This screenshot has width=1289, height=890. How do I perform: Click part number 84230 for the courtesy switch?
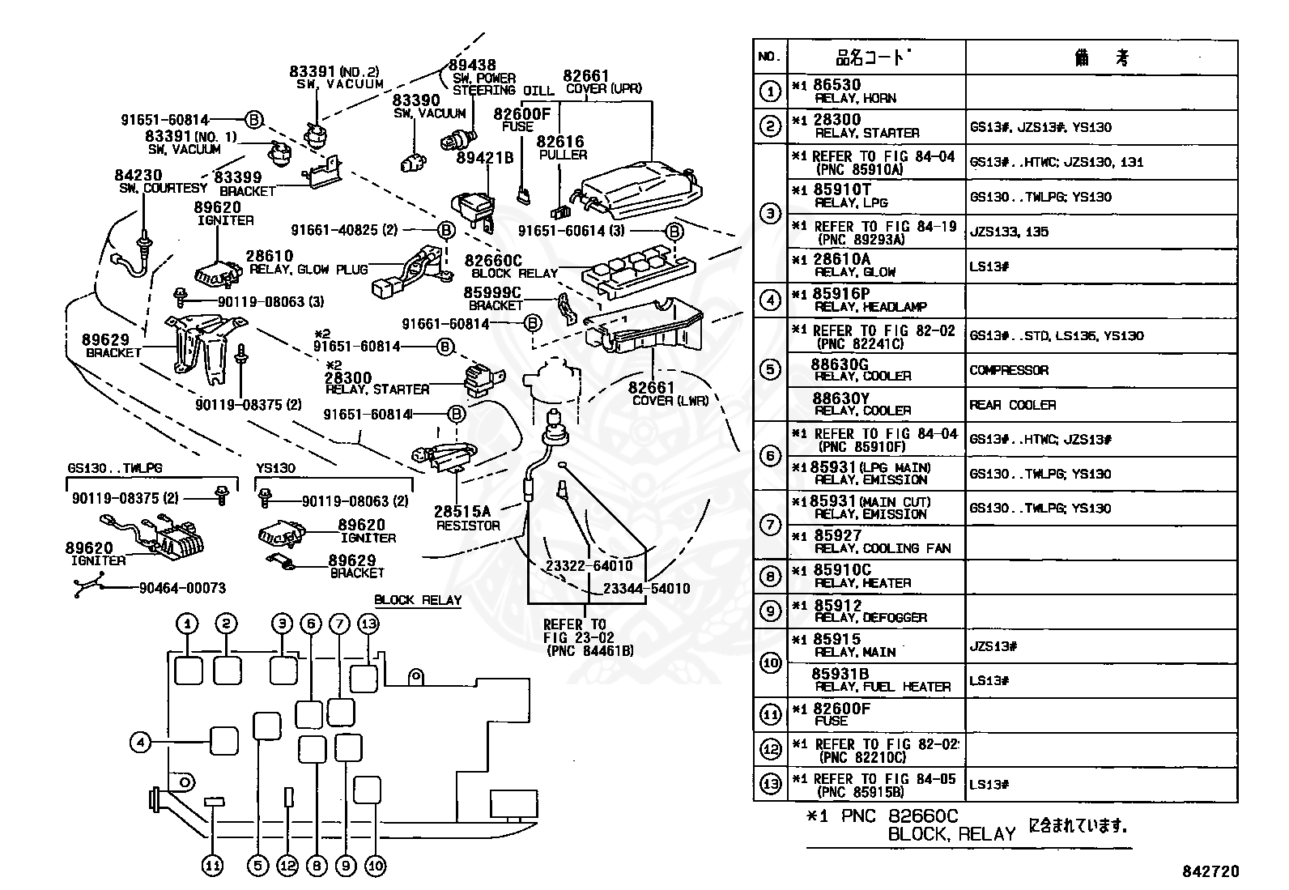tap(138, 175)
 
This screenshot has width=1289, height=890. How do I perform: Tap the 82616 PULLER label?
tap(560, 147)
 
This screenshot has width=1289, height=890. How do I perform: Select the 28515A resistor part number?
tap(462, 511)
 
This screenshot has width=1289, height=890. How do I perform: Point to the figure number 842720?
tap(1210, 871)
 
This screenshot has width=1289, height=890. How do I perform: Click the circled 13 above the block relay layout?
tap(368, 624)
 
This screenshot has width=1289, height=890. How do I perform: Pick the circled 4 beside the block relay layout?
tap(140, 742)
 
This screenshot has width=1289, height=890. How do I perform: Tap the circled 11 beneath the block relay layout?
tap(213, 866)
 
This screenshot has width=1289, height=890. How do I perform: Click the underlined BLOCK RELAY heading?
tap(418, 600)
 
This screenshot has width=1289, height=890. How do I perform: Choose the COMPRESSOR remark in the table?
tap(1009, 369)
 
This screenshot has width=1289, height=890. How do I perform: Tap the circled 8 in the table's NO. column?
tap(770, 577)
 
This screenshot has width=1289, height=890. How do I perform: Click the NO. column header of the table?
tap(769, 57)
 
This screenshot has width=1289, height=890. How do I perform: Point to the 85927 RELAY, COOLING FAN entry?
tap(872, 542)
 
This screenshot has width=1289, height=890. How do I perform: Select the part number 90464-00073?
tap(182, 588)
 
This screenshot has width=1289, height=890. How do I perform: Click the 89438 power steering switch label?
tap(484, 78)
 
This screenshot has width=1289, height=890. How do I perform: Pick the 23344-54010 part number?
tap(646, 589)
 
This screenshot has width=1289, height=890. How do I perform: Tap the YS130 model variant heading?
tap(275, 467)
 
